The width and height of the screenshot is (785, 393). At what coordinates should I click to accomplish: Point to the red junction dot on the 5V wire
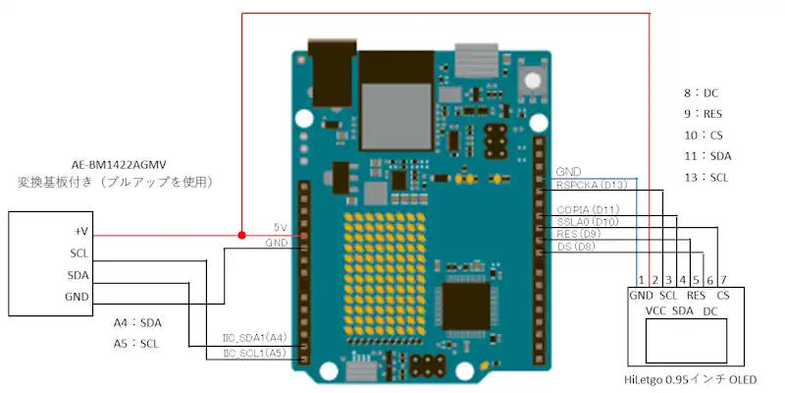pos(241,236)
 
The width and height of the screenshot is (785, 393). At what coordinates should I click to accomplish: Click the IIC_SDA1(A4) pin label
pos(254,339)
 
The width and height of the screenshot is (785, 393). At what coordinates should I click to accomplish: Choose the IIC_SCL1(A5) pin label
pos(254,352)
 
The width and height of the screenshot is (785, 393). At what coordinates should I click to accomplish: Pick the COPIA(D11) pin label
pos(587,210)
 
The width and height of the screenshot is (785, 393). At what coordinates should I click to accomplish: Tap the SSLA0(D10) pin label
pos(587,223)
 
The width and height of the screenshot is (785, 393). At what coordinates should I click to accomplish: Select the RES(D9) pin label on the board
pos(578,235)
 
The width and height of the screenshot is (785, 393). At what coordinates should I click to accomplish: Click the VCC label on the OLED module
pos(656,311)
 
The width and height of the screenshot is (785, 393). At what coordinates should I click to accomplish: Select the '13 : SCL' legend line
pos(706,178)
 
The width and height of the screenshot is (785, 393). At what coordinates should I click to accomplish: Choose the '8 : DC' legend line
pos(702,93)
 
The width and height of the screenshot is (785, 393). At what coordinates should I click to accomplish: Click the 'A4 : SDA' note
pos(136,322)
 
